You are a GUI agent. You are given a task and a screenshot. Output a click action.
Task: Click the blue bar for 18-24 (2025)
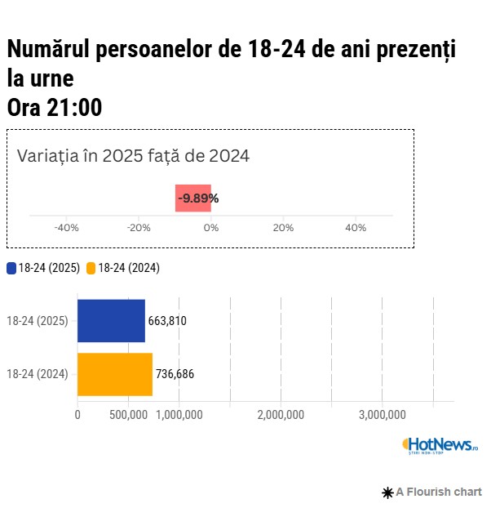click(x=111, y=320)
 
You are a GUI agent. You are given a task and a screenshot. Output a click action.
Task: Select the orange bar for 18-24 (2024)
click(x=115, y=374)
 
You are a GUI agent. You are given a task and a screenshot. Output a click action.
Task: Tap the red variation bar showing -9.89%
click(x=193, y=198)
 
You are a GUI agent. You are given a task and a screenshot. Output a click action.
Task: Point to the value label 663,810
click(x=167, y=321)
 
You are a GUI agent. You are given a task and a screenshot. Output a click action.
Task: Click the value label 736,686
click(x=175, y=375)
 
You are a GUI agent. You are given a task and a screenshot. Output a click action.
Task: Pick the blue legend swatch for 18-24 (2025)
click(x=11, y=268)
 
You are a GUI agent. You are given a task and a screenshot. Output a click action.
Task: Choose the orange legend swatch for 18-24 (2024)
click(x=91, y=268)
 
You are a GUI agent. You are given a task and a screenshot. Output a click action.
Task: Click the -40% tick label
click(x=66, y=228)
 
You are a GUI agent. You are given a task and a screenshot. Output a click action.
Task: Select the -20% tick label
click(x=139, y=228)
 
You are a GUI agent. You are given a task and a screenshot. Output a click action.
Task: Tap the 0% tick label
click(x=211, y=228)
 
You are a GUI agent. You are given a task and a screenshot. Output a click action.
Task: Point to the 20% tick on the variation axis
click(x=283, y=228)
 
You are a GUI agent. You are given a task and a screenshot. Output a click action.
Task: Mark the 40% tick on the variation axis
click(x=356, y=228)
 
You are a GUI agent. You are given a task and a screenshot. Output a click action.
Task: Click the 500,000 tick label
click(x=127, y=415)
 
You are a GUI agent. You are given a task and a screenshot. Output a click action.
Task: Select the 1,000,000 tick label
click(x=179, y=415)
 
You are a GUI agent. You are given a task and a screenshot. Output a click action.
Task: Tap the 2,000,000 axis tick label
click(x=281, y=415)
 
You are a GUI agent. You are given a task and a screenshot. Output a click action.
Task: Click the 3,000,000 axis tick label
click(x=383, y=415)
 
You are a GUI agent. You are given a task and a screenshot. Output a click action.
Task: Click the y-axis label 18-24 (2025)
click(x=37, y=321)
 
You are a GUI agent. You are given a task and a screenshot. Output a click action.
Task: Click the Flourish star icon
click(x=387, y=492)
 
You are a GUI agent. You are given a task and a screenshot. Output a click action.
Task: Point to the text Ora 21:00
click(x=55, y=107)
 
